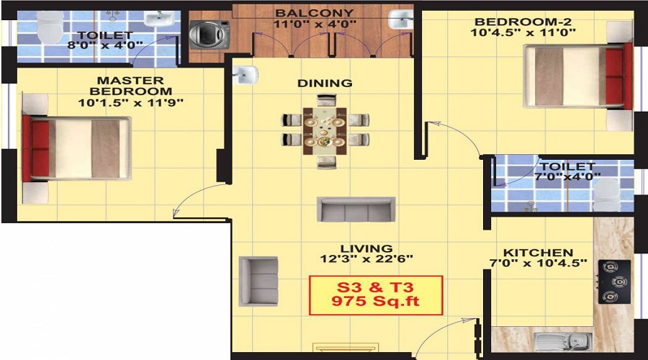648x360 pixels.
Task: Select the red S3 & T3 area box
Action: click(x=375, y=295)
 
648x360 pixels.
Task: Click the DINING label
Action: click(x=325, y=83)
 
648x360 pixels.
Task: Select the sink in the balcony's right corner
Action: click(x=398, y=19)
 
